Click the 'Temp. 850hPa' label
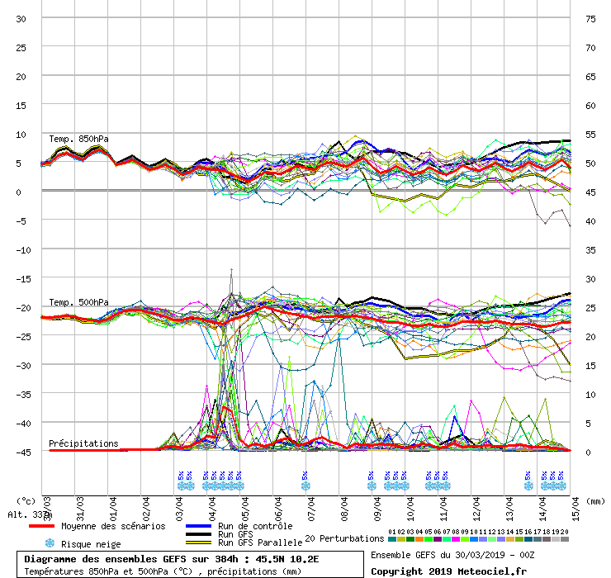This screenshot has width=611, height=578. (78, 138)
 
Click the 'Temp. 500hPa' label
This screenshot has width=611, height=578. (78, 302)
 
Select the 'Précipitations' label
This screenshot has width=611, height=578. (83, 443)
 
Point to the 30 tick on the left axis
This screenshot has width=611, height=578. (21, 19)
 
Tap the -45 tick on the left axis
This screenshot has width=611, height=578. (20, 452)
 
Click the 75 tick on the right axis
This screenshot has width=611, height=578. (590, 19)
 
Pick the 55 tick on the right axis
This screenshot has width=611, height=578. (590, 135)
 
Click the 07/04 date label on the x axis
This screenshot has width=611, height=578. (312, 505)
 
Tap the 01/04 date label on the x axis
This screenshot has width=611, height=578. (113, 505)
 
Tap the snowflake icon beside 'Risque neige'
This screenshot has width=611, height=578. (49, 543)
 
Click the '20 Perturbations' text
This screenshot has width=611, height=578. (344, 538)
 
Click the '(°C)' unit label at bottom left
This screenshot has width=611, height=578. (26, 500)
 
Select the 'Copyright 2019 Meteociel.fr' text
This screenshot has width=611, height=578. (449, 571)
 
